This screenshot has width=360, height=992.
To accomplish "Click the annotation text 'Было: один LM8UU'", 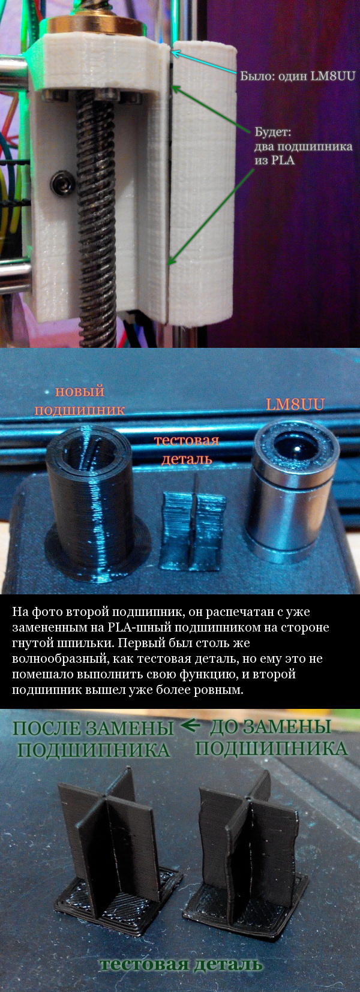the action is (x=298, y=76).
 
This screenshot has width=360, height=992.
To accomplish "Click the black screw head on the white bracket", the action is (x=61, y=182).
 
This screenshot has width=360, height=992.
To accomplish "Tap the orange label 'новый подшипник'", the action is (x=80, y=401).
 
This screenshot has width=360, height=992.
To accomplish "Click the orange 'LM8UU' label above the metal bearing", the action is (x=295, y=404).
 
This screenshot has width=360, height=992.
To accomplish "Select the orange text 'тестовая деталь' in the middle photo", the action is (x=187, y=449).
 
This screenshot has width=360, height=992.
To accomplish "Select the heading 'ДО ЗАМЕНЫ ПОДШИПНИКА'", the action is (x=271, y=738).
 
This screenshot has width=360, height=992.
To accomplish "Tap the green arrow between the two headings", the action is (x=191, y=726).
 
